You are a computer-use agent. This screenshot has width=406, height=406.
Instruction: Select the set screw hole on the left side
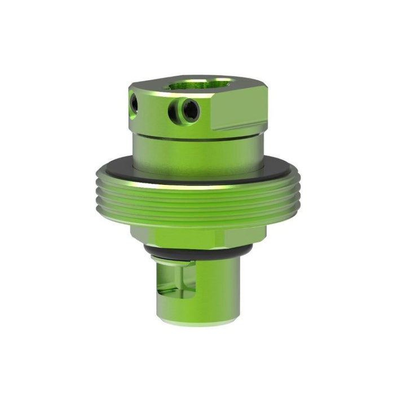(134, 103)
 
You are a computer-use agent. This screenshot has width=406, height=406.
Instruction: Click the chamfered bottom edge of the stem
(197, 322)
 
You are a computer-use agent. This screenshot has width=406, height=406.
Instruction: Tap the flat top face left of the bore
(152, 87)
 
